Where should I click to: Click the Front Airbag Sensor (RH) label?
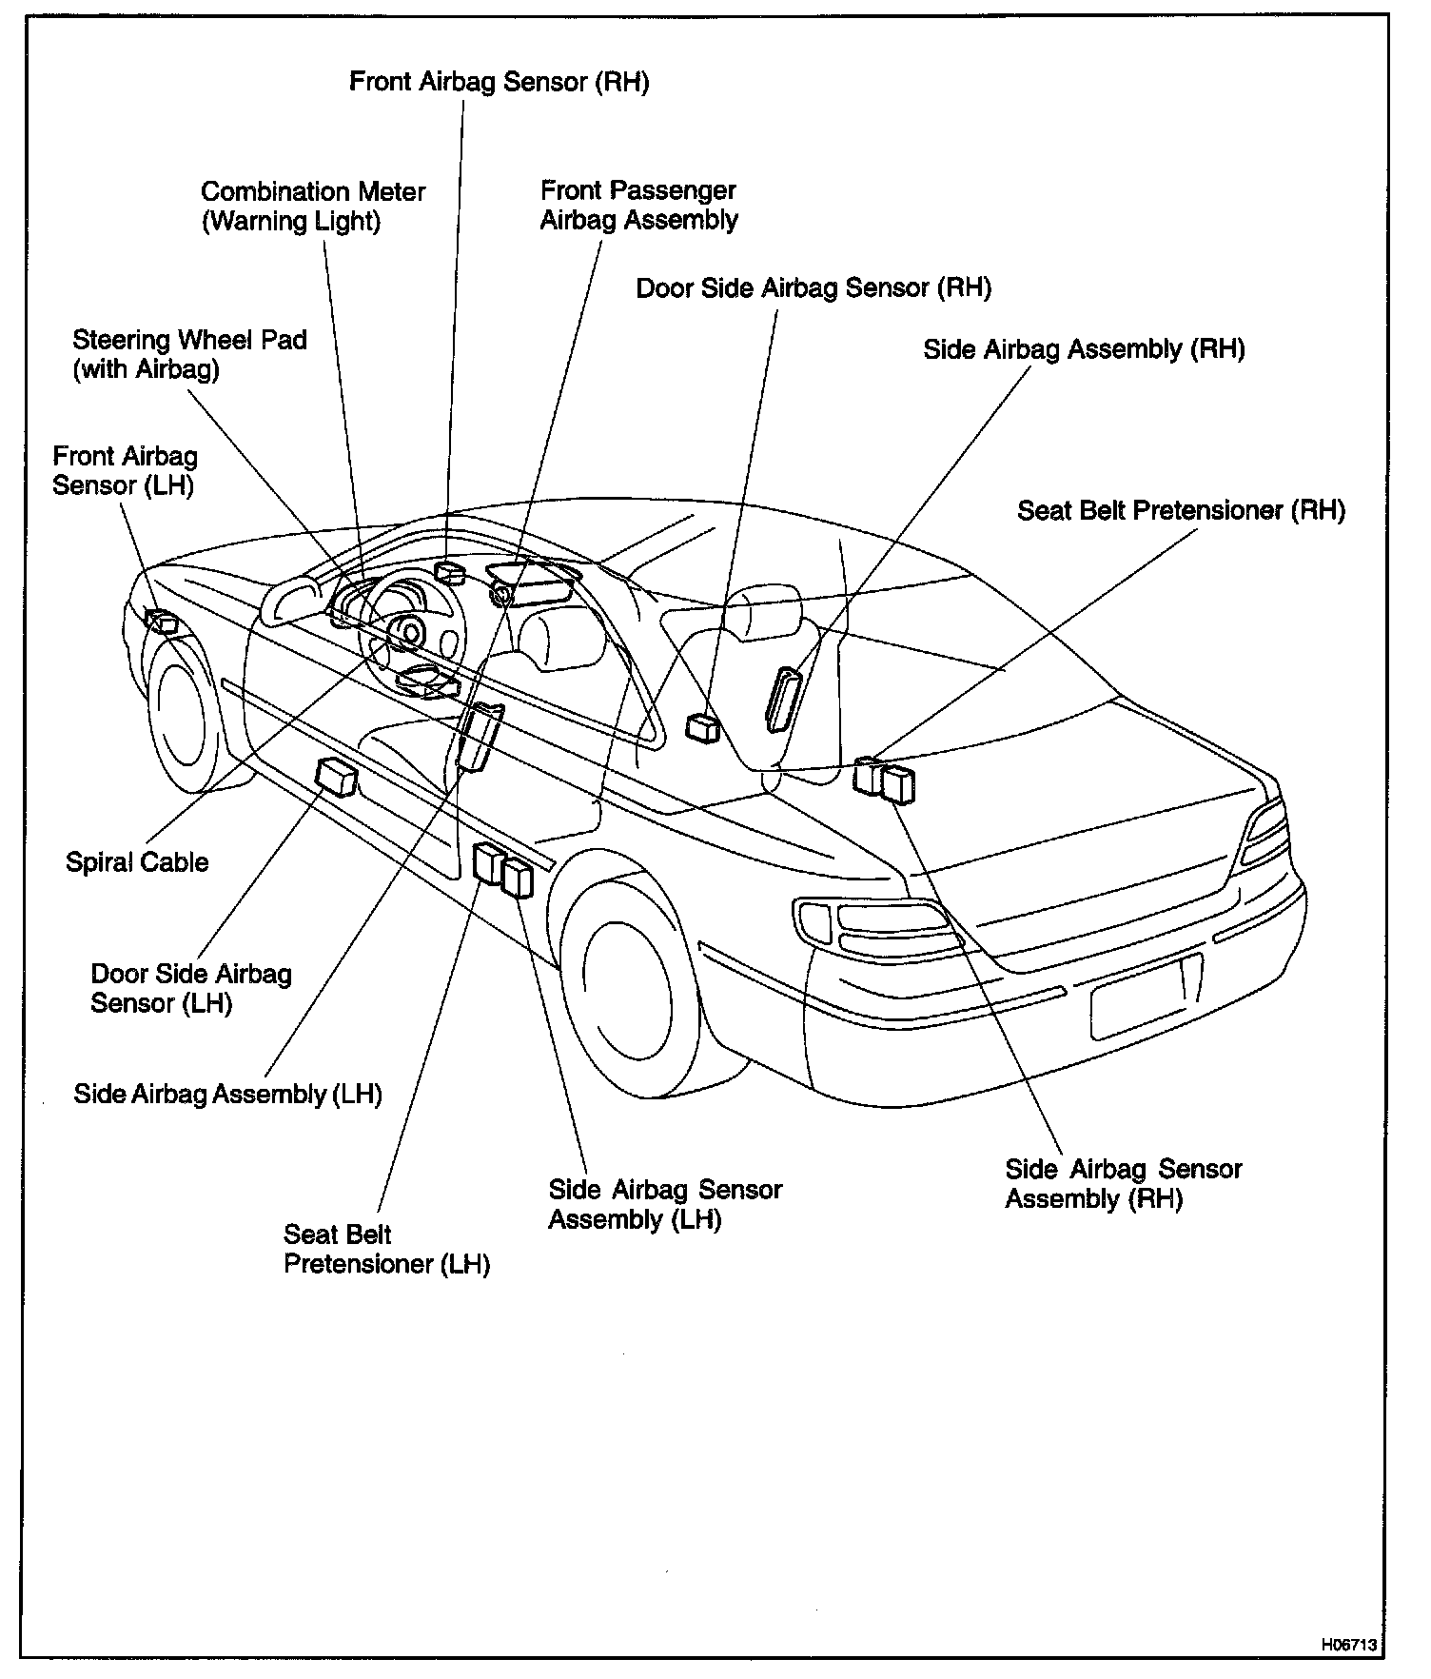[x=499, y=82]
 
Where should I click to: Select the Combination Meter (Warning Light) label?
[x=313, y=207]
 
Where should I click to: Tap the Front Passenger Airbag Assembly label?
[x=638, y=206]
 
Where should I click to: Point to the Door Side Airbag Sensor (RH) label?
[x=814, y=288]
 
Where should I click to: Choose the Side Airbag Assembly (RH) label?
[x=1084, y=349]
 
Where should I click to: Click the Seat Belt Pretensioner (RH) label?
[x=1181, y=511]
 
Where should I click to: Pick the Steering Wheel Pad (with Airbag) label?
[x=189, y=354]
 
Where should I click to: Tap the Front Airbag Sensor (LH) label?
[x=125, y=471]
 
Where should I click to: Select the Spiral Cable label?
[x=137, y=862]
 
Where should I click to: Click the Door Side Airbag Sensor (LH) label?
[x=190, y=988]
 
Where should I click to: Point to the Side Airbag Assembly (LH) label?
[x=227, y=1094]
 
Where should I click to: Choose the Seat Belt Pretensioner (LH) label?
[x=386, y=1250]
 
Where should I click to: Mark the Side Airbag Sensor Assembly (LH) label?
[x=664, y=1204]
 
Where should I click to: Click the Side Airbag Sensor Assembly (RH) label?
[x=1123, y=1183]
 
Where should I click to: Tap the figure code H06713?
[x=1347, y=1644]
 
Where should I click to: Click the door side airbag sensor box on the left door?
[x=337, y=777]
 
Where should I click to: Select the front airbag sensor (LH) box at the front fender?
[x=163, y=622]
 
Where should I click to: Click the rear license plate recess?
[x=1147, y=996]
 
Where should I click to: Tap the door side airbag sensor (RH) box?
[x=703, y=728]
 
